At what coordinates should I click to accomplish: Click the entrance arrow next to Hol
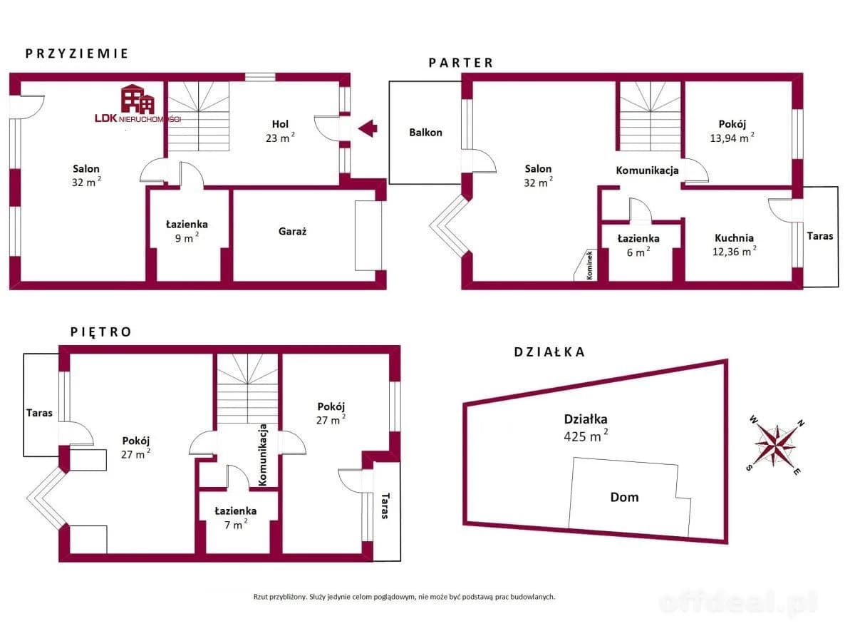[368, 129]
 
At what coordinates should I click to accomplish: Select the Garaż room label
[292, 231]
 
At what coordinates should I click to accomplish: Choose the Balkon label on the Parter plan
[425, 132]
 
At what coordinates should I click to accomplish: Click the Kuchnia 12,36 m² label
[735, 245]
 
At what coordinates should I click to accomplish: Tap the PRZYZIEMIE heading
[76, 53]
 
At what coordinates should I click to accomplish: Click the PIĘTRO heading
[100, 332]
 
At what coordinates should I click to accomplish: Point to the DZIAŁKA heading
[549, 352]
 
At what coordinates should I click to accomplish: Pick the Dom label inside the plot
[624, 497]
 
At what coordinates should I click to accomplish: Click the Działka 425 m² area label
[586, 426]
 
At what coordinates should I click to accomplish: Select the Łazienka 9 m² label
[187, 231]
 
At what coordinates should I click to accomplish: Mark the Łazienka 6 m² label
[638, 245]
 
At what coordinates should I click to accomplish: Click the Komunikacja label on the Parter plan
[647, 170]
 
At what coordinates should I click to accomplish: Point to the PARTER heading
[460, 63]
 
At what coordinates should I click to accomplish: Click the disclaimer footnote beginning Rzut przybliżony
[403, 597]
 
